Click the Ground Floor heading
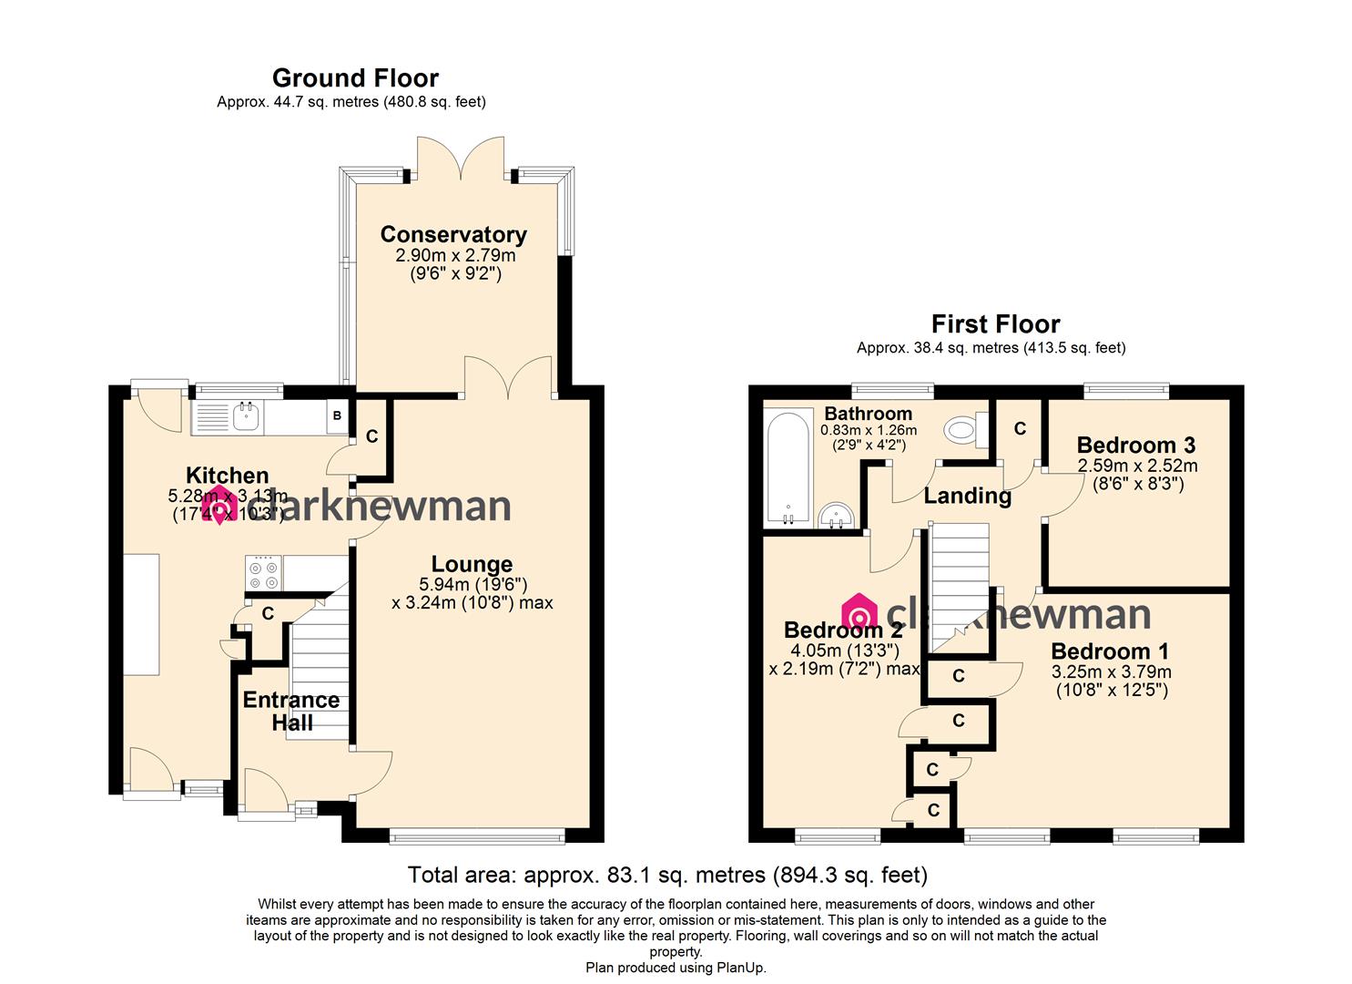[x=355, y=78]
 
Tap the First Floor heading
[x=995, y=324]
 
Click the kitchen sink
[x=246, y=417]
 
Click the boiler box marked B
[x=337, y=416]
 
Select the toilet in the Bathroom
[x=963, y=429]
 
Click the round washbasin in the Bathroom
[x=836, y=516]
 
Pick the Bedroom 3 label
[x=1135, y=446]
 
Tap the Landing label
[x=967, y=496]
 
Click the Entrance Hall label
[x=291, y=712]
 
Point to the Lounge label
[x=472, y=565]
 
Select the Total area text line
[x=667, y=876]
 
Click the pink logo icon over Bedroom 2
[x=859, y=611]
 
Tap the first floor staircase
[x=959, y=583]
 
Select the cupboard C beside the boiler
[x=371, y=436]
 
